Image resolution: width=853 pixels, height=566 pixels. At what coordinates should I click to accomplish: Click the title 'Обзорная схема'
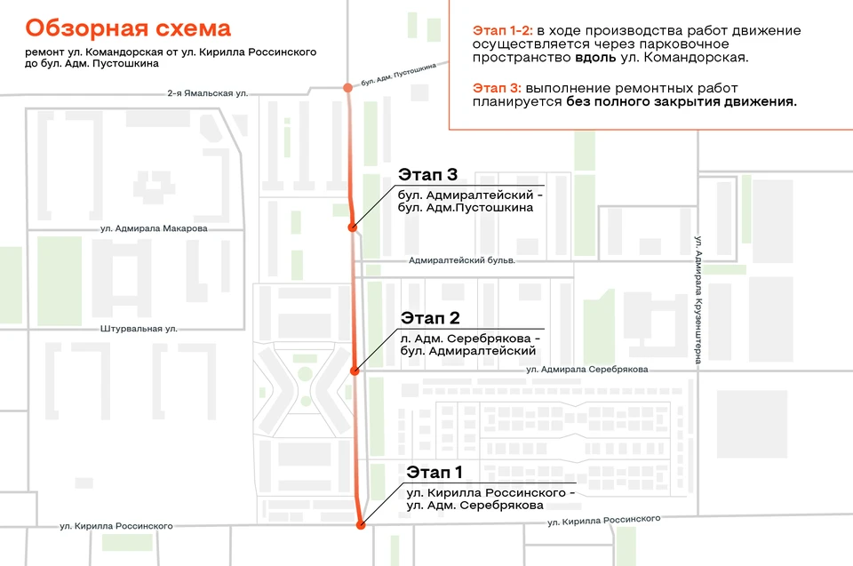point(128,28)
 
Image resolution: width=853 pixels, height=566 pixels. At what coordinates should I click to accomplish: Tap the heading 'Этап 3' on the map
point(427,174)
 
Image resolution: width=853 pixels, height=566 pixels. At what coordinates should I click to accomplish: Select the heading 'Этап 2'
point(430,318)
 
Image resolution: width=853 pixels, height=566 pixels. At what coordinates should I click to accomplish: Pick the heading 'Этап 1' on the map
point(434,472)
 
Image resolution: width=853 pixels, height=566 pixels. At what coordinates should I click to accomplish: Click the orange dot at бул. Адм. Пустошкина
point(347,88)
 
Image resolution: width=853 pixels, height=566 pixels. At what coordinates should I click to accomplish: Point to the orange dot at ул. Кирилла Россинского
point(360,525)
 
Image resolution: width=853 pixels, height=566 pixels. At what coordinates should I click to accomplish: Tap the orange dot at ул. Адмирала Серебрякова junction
point(355,371)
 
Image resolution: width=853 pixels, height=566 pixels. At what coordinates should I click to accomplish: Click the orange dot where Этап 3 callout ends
point(353,227)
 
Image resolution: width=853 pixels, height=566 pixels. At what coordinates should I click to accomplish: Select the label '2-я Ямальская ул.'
point(207,93)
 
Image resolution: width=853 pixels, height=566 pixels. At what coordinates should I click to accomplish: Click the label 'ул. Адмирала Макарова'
point(154,228)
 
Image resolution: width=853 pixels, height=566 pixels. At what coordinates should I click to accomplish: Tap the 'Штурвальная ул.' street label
point(139,329)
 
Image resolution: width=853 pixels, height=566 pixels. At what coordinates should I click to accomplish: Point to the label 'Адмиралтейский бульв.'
point(462,260)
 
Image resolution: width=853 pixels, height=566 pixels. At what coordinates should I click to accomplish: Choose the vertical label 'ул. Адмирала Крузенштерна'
point(698,299)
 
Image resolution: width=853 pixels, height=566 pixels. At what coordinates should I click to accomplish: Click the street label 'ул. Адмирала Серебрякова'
point(587,370)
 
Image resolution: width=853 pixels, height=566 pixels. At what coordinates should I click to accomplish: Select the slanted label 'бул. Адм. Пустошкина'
point(399,75)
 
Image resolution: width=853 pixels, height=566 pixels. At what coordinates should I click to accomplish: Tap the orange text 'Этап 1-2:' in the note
point(503,30)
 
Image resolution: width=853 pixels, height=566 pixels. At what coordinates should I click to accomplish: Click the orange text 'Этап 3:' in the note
point(497,88)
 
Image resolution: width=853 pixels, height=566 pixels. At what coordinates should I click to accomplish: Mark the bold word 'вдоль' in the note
point(595,57)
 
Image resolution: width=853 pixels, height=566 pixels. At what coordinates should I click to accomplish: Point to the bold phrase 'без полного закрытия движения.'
point(682,102)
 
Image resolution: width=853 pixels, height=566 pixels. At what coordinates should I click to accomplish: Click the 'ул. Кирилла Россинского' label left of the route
point(116,526)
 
